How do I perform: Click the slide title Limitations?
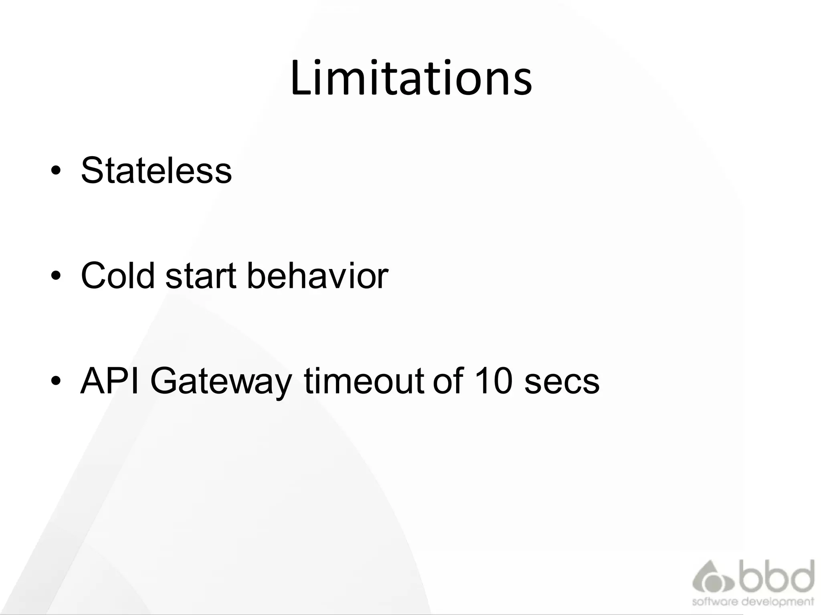click(x=411, y=78)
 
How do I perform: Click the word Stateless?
click(x=156, y=170)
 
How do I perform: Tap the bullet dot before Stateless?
click(x=56, y=171)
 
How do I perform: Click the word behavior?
click(x=317, y=275)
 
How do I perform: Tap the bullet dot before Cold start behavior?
click(x=56, y=276)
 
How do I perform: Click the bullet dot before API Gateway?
click(x=56, y=381)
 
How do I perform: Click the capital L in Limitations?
click(x=299, y=78)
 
